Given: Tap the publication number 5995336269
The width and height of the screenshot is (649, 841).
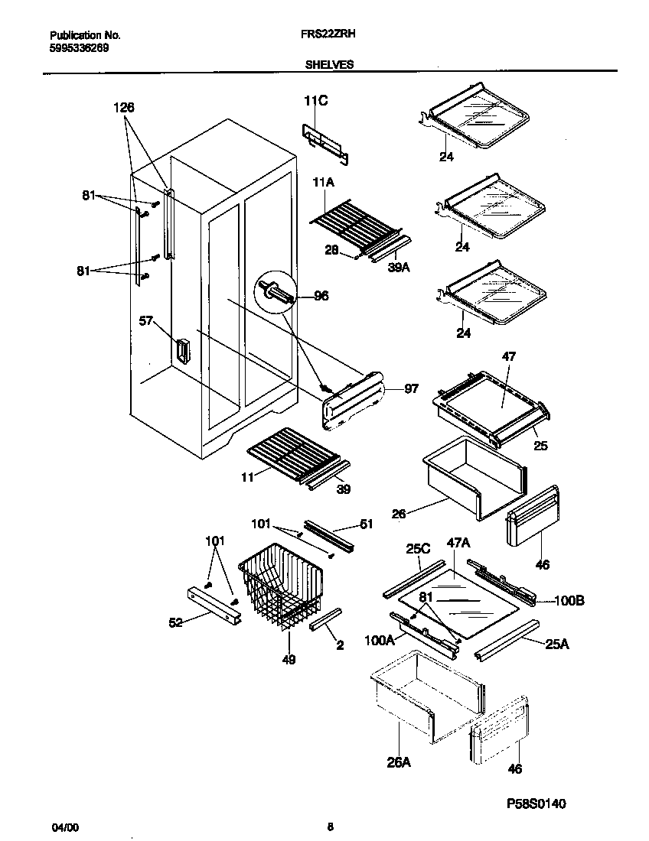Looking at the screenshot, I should pos(79,47).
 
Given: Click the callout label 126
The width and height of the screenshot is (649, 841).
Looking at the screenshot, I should pos(124,109).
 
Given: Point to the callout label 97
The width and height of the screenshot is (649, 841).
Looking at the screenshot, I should pos(411,389).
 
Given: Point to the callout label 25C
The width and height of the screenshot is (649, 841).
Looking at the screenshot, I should pos(419,549).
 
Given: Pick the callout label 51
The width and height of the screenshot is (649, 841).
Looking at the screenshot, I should pos(366,524).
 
